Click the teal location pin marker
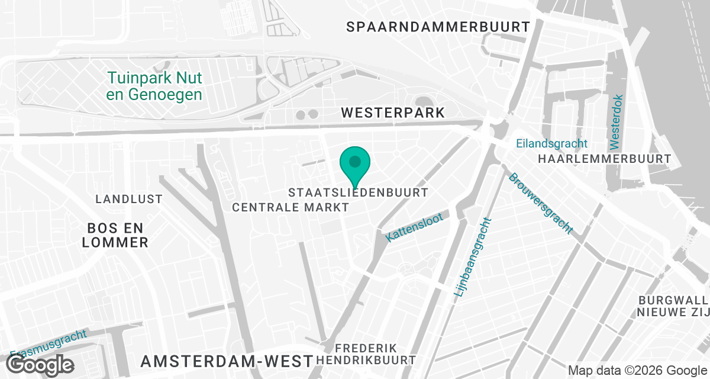(354, 164)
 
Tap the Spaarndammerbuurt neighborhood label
(438, 27)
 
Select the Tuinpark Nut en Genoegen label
(155, 86)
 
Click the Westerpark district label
(392, 113)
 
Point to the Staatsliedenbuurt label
(358, 193)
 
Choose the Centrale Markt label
(291, 207)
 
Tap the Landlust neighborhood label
(129, 199)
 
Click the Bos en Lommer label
(115, 235)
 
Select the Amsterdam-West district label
(226, 361)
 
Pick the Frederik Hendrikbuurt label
(366, 354)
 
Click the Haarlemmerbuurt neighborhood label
(604, 159)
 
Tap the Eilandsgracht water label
(551, 143)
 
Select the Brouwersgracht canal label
(540, 203)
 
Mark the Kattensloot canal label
(414, 227)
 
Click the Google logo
(40, 364)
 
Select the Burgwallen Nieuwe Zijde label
(673, 306)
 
